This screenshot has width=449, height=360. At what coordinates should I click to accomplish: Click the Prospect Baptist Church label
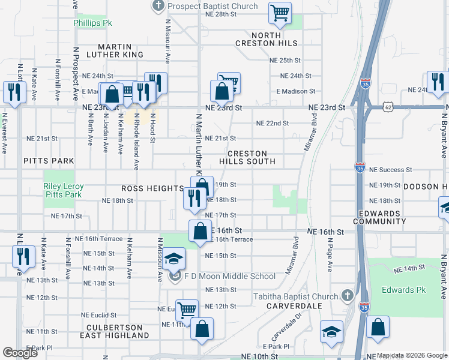212,7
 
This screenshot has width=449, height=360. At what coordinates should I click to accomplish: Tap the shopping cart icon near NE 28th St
280,13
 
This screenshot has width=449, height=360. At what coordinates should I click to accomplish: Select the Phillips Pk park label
93,23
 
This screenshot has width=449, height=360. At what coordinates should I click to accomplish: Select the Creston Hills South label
247,157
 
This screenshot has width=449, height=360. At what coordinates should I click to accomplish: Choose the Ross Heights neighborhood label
151,188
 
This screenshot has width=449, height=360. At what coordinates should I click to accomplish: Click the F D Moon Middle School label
230,277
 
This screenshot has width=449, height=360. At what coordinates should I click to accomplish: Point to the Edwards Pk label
403,290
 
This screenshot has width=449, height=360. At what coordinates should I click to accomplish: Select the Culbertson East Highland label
114,331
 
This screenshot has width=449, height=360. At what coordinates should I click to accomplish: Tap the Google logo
20,353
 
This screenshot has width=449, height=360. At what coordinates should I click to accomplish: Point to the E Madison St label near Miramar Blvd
295,91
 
